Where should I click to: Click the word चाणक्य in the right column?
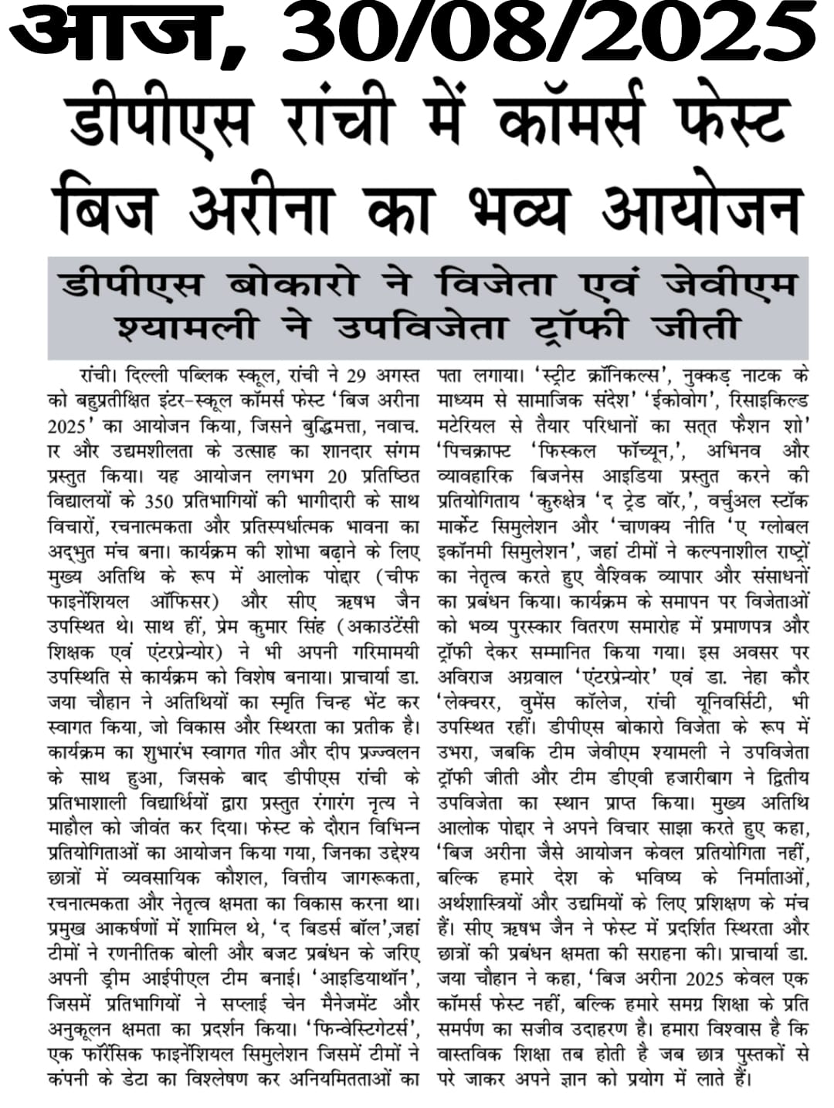(665, 528)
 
